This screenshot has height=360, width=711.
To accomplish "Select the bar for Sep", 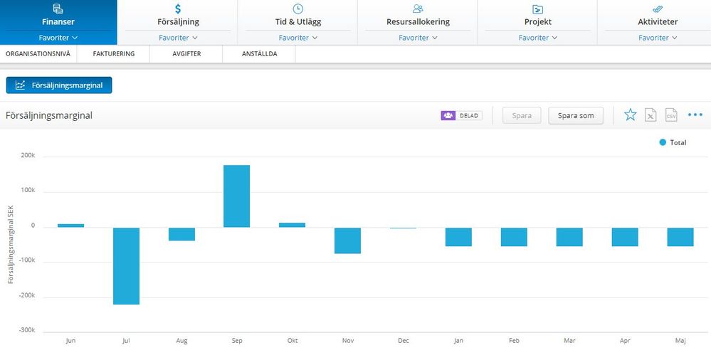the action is pyautogui.click(x=237, y=196).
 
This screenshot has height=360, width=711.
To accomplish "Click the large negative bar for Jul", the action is pyautogui.click(x=126, y=265).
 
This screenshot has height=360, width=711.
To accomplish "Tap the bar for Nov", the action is pyautogui.click(x=347, y=240).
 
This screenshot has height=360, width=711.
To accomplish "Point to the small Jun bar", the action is pyautogui.click(x=70, y=226).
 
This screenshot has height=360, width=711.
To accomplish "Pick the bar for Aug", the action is pyautogui.click(x=181, y=234).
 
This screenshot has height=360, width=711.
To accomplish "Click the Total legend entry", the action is pyautogui.click(x=673, y=142).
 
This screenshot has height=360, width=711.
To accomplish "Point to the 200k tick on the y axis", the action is pyautogui.click(x=28, y=156).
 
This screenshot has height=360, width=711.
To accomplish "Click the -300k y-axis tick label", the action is pyautogui.click(x=27, y=330).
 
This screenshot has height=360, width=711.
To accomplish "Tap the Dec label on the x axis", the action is pyautogui.click(x=403, y=341).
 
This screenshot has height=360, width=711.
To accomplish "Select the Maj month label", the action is pyautogui.click(x=680, y=341).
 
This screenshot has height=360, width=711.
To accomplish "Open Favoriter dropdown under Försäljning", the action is pyautogui.click(x=178, y=38).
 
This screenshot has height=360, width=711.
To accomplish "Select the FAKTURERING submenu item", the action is pyautogui.click(x=114, y=53).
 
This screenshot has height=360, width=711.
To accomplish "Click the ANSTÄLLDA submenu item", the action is pyautogui.click(x=259, y=53).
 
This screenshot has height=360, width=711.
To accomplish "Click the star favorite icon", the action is pyautogui.click(x=631, y=115).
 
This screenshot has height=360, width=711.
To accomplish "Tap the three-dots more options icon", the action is pyautogui.click(x=695, y=115).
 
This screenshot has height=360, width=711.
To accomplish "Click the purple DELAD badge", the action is pyautogui.click(x=461, y=116).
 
